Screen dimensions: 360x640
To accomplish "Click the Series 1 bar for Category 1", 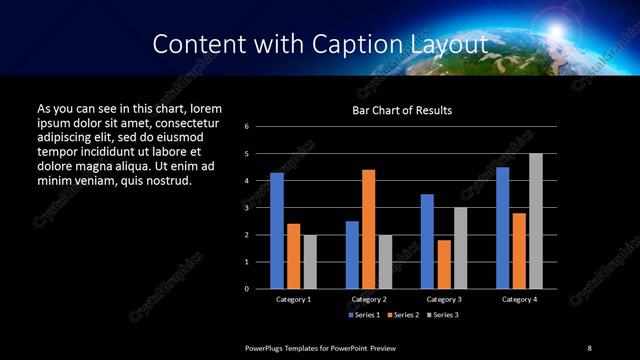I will point(277,230).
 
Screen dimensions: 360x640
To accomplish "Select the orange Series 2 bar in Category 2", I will point(368,229).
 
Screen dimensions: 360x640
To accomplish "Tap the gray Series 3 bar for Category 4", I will point(536,221).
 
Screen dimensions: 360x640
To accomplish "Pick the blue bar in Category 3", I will point(427,241).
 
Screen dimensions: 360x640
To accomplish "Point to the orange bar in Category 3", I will point(444,264).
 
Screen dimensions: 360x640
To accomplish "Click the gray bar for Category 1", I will point(310,261).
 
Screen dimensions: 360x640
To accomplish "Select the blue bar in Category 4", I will point(503,227).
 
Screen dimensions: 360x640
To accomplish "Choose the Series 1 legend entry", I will point(362,315).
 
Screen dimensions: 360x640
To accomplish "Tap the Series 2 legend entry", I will point(404,315).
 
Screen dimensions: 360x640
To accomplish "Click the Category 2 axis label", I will point(368,299).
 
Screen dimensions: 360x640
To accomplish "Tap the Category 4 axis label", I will point(519,299).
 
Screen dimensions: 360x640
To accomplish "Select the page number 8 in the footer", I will point(589,347).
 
